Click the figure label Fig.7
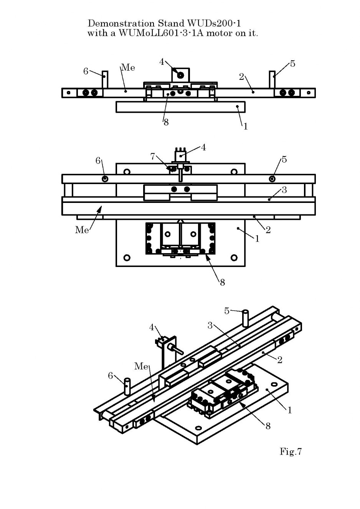(x=291, y=451)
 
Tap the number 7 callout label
(x=152, y=156)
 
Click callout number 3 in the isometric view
(x=210, y=326)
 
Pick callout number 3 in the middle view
(x=284, y=190)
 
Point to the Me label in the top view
(x=128, y=68)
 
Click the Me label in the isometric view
(x=141, y=366)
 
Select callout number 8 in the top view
(x=166, y=122)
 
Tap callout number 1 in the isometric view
(x=289, y=410)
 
